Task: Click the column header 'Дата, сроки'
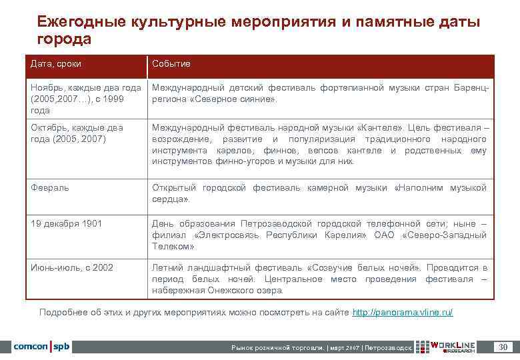tap(61, 64)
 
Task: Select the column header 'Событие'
tap(171, 64)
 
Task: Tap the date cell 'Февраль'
tap(50, 188)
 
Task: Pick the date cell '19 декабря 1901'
tap(67, 223)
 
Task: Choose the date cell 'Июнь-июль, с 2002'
tap(72, 267)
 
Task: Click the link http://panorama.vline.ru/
tap(402, 312)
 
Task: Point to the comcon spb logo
tap(41, 347)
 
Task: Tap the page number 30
tap(503, 347)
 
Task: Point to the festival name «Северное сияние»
tap(232, 99)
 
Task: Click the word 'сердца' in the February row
tap(169, 199)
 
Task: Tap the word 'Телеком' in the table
tap(172, 246)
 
